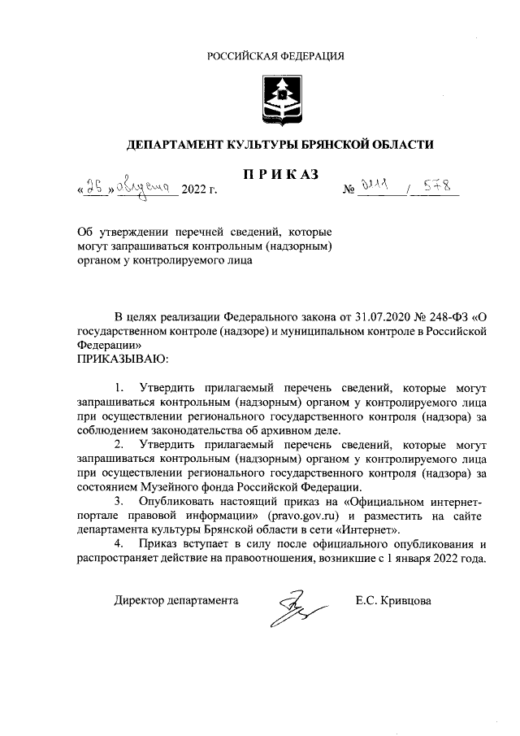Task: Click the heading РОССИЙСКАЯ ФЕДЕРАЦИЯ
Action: coord(275,56)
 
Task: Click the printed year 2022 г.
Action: coord(201,192)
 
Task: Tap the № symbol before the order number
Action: coord(352,193)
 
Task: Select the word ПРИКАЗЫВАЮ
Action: coord(122,358)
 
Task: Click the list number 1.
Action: coord(120,386)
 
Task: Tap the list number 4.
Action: coord(120,544)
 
